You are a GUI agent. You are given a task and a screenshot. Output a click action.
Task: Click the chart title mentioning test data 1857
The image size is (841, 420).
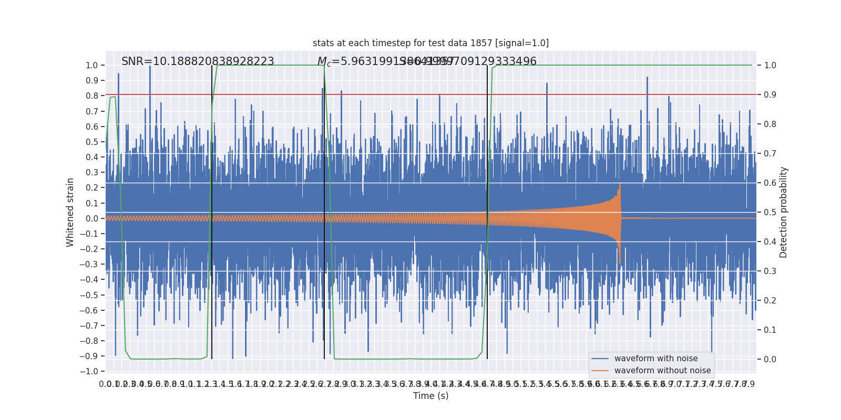point(430,43)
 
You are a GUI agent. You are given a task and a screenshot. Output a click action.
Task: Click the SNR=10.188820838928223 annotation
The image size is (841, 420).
point(198,61)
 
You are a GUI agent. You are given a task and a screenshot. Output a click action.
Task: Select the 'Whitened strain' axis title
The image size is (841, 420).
point(70,212)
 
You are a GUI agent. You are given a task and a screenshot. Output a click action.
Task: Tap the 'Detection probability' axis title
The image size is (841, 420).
point(784,212)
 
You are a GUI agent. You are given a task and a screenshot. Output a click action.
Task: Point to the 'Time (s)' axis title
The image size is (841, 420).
point(430,396)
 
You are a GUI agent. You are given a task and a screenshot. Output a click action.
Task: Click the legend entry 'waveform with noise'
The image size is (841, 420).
point(656,359)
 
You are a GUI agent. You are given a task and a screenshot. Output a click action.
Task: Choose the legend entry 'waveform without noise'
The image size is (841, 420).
point(662,371)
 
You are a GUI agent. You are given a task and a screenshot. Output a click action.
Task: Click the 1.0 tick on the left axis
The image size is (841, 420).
point(92,66)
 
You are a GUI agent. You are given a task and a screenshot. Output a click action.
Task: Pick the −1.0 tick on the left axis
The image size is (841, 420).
point(90,372)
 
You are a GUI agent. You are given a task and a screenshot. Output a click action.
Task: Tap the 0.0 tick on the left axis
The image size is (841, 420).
point(92,218)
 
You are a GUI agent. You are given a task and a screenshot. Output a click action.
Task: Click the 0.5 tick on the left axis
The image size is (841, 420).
point(92,142)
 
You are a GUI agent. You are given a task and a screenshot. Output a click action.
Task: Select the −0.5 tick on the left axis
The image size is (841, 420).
point(90,295)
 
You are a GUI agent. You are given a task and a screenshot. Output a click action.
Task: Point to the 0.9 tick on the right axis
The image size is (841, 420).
point(770,95)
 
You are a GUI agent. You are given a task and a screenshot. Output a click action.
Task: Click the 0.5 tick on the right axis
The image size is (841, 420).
point(770,213)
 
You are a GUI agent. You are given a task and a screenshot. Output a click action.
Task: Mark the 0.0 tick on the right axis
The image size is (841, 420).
point(770,360)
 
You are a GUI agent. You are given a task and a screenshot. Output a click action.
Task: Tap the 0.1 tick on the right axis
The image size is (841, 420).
point(770,330)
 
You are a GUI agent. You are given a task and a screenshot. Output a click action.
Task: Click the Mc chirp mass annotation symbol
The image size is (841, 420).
point(324,62)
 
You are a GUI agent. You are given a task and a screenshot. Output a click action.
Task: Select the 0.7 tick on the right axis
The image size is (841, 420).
point(770,154)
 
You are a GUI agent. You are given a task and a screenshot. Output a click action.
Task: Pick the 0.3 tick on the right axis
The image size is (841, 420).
point(770,271)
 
